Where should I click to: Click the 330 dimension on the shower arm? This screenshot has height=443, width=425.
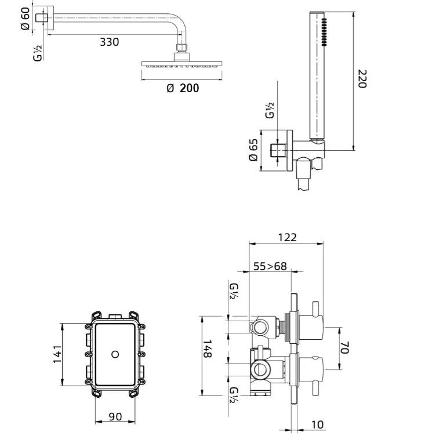109,42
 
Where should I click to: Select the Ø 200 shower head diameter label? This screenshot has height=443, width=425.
182,88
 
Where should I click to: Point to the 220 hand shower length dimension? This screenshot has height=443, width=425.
362,79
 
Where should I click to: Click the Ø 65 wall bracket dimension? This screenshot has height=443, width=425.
253,150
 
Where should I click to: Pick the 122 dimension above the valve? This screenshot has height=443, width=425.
286,237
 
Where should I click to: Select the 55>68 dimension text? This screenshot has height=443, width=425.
270,266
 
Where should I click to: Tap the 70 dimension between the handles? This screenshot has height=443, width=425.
344,347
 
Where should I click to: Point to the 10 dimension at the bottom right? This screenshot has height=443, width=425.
317,424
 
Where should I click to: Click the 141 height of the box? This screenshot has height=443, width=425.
57,354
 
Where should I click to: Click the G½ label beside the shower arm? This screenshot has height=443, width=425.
38,53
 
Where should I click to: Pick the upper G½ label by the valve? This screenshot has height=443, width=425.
233,291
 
